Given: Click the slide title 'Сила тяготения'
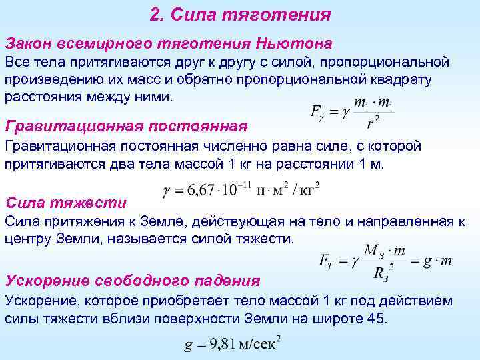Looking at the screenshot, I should [x=251, y=15].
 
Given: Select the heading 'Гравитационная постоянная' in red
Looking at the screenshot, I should [x=126, y=125].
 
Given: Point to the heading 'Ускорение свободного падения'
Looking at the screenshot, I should [x=132, y=280].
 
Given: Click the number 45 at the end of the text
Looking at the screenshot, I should [x=375, y=319].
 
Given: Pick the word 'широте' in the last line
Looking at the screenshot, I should [x=338, y=319].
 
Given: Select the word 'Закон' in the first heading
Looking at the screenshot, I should [x=27, y=43].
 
